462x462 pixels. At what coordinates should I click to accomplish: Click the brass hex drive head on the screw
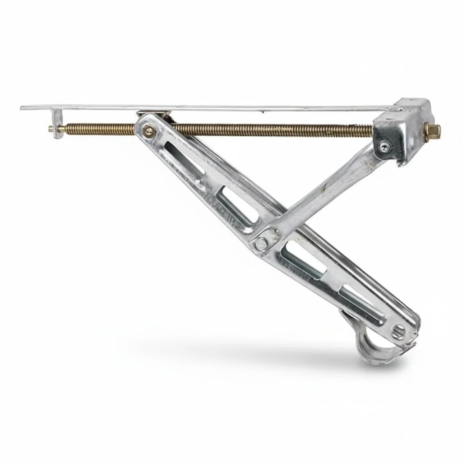432,130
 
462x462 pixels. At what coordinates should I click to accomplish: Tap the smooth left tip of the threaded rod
51,129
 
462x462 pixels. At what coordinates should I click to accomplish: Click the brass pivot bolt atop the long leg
148,131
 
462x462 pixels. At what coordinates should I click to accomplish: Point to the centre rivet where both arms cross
261,244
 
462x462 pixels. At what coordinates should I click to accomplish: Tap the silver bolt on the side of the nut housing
383,145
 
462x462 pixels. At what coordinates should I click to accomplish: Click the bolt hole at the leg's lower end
397,333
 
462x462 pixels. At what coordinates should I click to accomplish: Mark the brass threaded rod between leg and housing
271,130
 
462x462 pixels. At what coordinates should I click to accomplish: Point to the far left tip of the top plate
23,108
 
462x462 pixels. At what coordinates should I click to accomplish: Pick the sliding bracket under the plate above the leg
154,113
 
